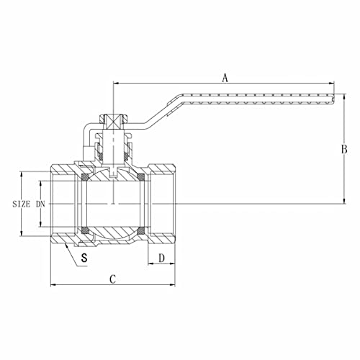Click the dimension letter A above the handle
225,78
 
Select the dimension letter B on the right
344,149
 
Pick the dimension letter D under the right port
162,257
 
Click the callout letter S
85,257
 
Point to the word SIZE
22,204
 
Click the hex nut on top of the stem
112,120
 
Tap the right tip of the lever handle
334,100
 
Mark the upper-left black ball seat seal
85,177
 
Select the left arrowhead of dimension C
52,285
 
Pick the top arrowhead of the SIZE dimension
24,174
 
